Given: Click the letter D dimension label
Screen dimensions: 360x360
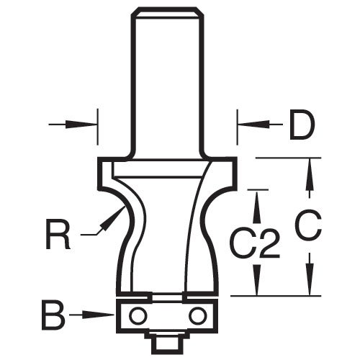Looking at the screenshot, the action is [x=302, y=125].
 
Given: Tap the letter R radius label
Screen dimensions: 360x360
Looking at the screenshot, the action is [x=58, y=234].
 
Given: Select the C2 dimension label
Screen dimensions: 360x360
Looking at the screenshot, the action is [x=254, y=244].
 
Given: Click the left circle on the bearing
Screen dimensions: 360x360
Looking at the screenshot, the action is [x=137, y=315].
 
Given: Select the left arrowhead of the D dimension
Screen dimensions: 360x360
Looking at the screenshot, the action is [x=81, y=125].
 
